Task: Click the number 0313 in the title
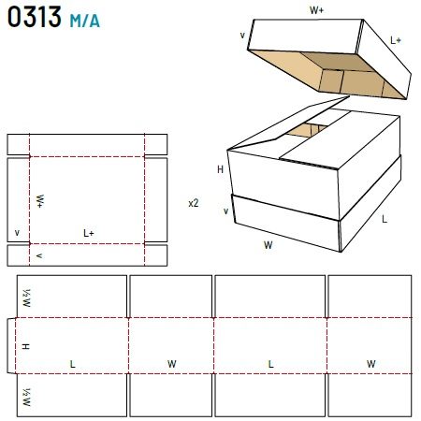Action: [35, 17]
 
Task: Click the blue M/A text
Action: [85, 21]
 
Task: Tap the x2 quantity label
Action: [194, 203]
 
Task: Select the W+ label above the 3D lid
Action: [316, 10]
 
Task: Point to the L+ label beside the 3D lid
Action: [396, 40]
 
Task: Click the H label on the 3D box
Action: [220, 169]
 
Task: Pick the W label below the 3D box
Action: [269, 245]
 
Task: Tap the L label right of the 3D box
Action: [385, 219]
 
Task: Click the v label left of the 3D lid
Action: [242, 36]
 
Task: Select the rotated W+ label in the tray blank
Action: [40, 201]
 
